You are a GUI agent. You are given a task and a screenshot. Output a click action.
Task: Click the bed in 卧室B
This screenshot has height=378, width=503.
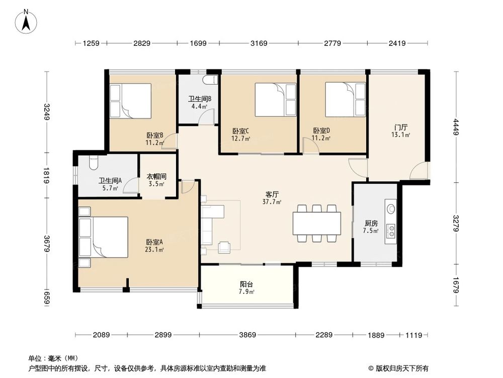point(130,101)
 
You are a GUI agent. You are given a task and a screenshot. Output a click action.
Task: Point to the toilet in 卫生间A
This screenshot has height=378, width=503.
point(92,162)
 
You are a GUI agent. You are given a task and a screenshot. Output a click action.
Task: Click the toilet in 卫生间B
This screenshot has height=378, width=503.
point(211,80)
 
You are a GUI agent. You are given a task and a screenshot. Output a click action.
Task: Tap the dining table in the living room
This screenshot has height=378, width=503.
point(317,222)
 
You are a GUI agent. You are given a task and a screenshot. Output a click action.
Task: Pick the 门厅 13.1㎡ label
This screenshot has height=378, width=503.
point(401,131)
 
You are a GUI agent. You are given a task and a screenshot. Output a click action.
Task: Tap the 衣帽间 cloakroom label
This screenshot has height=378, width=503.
point(156,180)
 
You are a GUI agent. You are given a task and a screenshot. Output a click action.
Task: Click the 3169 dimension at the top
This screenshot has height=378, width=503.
point(259,44)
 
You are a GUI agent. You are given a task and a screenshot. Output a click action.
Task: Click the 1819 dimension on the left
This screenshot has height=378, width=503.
point(47,176)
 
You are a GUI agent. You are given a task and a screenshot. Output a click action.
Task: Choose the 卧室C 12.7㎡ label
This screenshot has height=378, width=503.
point(241,135)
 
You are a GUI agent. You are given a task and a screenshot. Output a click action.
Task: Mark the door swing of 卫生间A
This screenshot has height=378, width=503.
point(132,188)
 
